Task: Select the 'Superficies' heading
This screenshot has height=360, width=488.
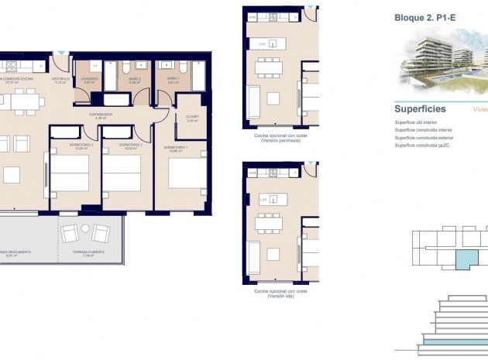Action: coord(420,109)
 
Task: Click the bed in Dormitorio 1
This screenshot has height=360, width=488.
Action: coord(186,173)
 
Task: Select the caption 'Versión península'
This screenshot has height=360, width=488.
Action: coord(280,140)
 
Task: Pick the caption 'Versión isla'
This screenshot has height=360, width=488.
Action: coord(280,295)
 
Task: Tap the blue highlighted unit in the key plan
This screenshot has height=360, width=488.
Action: coord(466,260)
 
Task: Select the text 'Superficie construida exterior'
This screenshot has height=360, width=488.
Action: coord(425,138)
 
